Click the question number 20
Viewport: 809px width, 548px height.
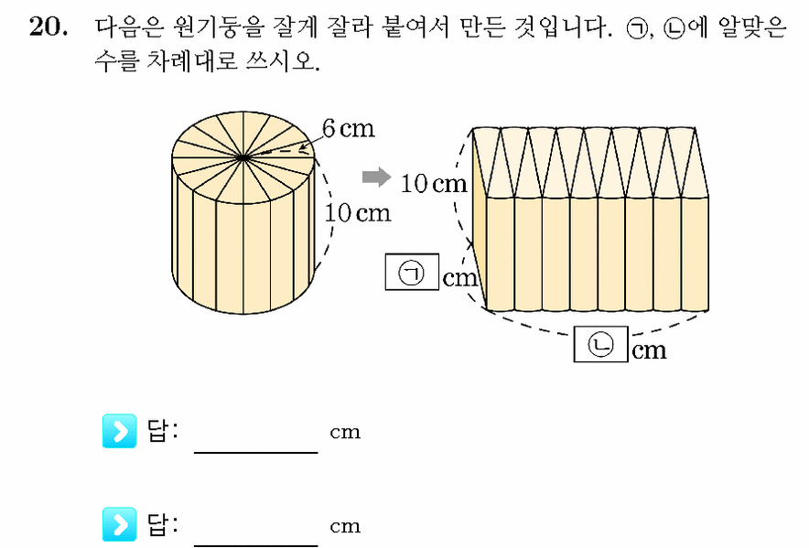pyautogui.click(x=48, y=27)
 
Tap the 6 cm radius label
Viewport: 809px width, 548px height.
pyautogui.click(x=349, y=128)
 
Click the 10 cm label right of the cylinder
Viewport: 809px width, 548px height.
pyautogui.click(x=358, y=213)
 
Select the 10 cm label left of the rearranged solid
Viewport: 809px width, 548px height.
pyautogui.click(x=434, y=183)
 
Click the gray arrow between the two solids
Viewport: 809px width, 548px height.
pyautogui.click(x=377, y=177)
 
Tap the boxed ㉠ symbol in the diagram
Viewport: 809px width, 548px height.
pyautogui.click(x=412, y=272)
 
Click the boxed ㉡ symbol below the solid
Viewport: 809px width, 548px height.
pyautogui.click(x=600, y=344)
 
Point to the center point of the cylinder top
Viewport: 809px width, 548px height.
pyautogui.click(x=243, y=156)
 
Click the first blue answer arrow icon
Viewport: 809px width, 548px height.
pyautogui.click(x=119, y=431)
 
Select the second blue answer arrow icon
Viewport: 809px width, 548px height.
pyautogui.click(x=119, y=524)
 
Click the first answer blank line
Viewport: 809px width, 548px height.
pyautogui.click(x=256, y=453)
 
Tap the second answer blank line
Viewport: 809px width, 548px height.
pyautogui.click(x=256, y=545)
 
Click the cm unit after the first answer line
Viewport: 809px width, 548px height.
pyautogui.click(x=345, y=433)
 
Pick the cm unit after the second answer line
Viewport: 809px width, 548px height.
pyautogui.click(x=345, y=526)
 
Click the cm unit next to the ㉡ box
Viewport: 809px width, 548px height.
pyautogui.click(x=649, y=351)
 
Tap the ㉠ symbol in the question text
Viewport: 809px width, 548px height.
pyautogui.click(x=636, y=29)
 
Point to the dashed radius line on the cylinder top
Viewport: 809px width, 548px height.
pyautogui.click(x=278, y=152)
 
